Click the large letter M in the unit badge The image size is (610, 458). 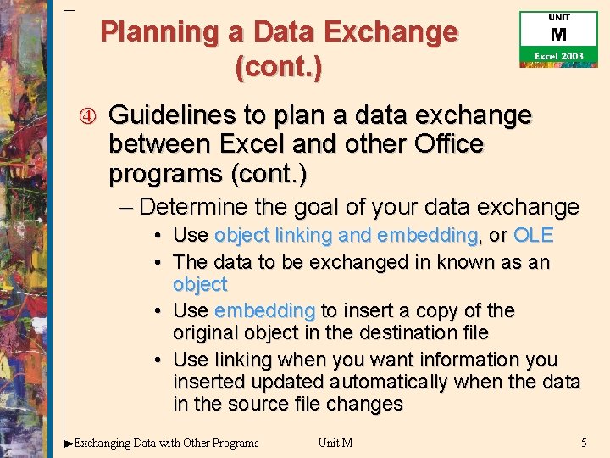(558, 36)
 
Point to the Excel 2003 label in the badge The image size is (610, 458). (558, 56)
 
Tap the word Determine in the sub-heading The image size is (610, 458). (192, 206)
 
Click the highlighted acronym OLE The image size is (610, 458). (533, 235)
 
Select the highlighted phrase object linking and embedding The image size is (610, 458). (346, 235)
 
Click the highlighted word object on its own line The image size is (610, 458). (200, 284)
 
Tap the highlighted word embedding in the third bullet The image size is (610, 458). (264, 310)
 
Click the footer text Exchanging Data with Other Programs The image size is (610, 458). (166, 443)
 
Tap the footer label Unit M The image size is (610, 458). (335, 443)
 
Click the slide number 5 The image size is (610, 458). (584, 443)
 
